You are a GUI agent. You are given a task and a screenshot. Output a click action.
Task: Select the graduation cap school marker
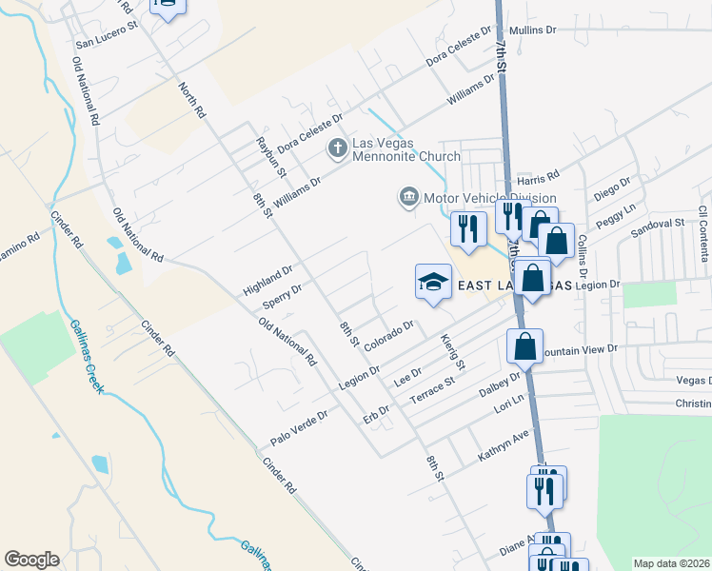pos(432,282)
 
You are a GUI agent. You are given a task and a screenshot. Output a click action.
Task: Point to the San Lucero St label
pos(108,44)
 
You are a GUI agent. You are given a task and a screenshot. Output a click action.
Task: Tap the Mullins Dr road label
pos(532,30)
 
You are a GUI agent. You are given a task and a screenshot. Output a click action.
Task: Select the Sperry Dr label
pos(282,297)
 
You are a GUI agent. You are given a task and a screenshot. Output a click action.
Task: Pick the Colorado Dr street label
pos(387,334)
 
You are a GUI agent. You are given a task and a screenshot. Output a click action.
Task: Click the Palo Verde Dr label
pos(299,427)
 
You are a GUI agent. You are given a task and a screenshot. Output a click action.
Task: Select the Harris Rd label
pos(538,180)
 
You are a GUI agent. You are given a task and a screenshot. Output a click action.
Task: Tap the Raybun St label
pos(270,157)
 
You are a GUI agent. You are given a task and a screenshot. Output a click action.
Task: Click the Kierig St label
pos(452,351)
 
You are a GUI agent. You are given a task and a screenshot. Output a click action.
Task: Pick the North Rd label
pos(191,99)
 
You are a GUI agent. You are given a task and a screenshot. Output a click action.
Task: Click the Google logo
pos(31,560)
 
